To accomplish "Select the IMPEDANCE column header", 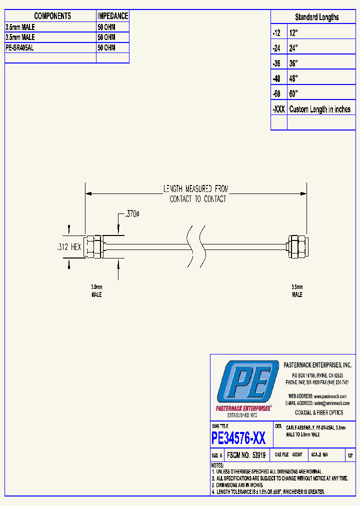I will click(x=112, y=16).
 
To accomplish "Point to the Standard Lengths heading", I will click(x=316, y=17).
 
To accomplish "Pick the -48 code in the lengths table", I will click(x=277, y=79).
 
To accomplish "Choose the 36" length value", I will click(x=293, y=63).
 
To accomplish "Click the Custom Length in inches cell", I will click(x=320, y=109).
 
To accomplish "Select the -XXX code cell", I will click(x=278, y=109).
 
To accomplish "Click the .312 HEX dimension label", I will click(x=68, y=246).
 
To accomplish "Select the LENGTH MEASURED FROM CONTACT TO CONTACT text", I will click(x=196, y=194).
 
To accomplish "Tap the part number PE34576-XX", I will click(x=238, y=438).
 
